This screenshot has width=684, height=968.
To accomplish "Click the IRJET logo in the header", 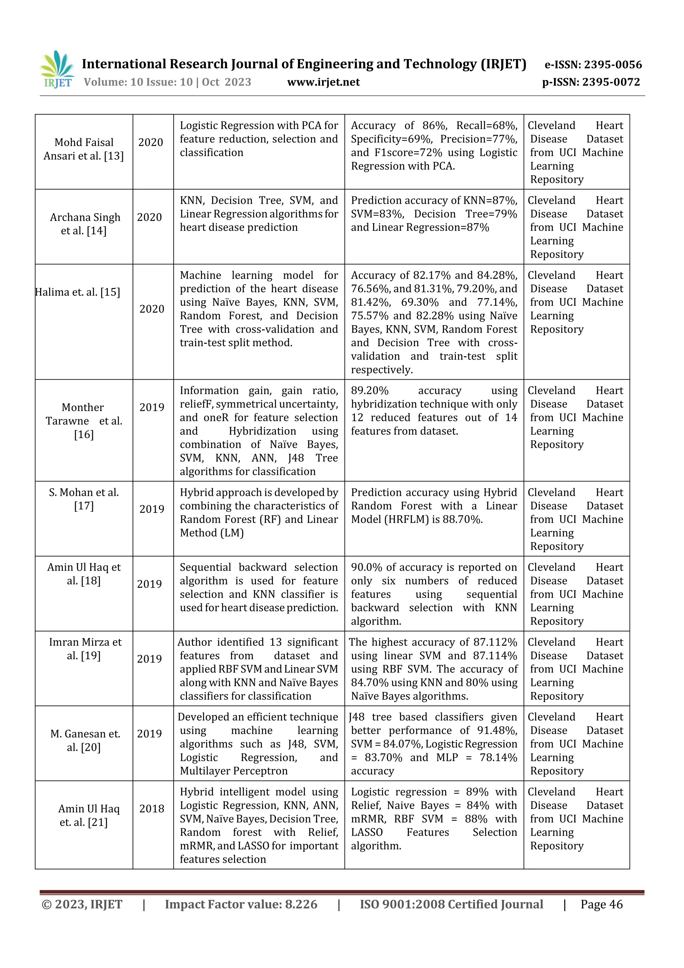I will [57, 70].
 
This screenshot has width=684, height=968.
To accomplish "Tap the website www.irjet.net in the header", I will [323, 82].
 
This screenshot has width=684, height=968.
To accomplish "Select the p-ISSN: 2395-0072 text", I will [591, 82].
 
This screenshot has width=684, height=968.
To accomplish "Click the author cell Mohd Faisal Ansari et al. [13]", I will [84, 149].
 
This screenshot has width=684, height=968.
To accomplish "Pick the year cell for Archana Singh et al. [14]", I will [150, 217].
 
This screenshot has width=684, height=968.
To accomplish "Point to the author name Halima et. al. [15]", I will [77, 292].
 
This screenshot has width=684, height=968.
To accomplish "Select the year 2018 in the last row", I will [152, 809].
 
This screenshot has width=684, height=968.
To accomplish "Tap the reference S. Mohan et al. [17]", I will [84, 499].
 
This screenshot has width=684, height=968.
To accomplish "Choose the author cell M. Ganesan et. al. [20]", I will [85, 740].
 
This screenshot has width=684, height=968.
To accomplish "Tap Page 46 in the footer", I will [602, 904].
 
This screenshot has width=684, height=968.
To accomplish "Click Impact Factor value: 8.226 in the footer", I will [241, 904].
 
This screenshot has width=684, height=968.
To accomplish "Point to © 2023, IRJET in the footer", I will [82, 904].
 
